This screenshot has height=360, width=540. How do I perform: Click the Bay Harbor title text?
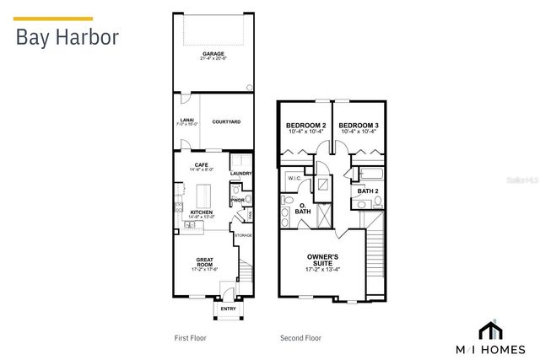click(x=67, y=38)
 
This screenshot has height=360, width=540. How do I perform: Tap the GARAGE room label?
click(x=213, y=54)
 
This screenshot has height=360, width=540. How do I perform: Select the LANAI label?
click(x=186, y=120)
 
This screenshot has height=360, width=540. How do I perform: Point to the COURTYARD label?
click(x=226, y=122)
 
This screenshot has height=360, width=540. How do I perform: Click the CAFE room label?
click(x=201, y=164)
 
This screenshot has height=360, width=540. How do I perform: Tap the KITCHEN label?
click(x=201, y=212)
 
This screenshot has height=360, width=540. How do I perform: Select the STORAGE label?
click(x=243, y=235)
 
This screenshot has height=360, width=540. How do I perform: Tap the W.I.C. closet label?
click(x=294, y=178)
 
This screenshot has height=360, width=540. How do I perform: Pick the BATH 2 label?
click(x=366, y=191)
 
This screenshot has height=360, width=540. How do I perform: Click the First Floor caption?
click(x=190, y=338)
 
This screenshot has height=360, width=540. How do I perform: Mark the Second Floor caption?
click(x=300, y=338)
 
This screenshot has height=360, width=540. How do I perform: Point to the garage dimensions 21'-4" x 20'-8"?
click(x=213, y=59)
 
